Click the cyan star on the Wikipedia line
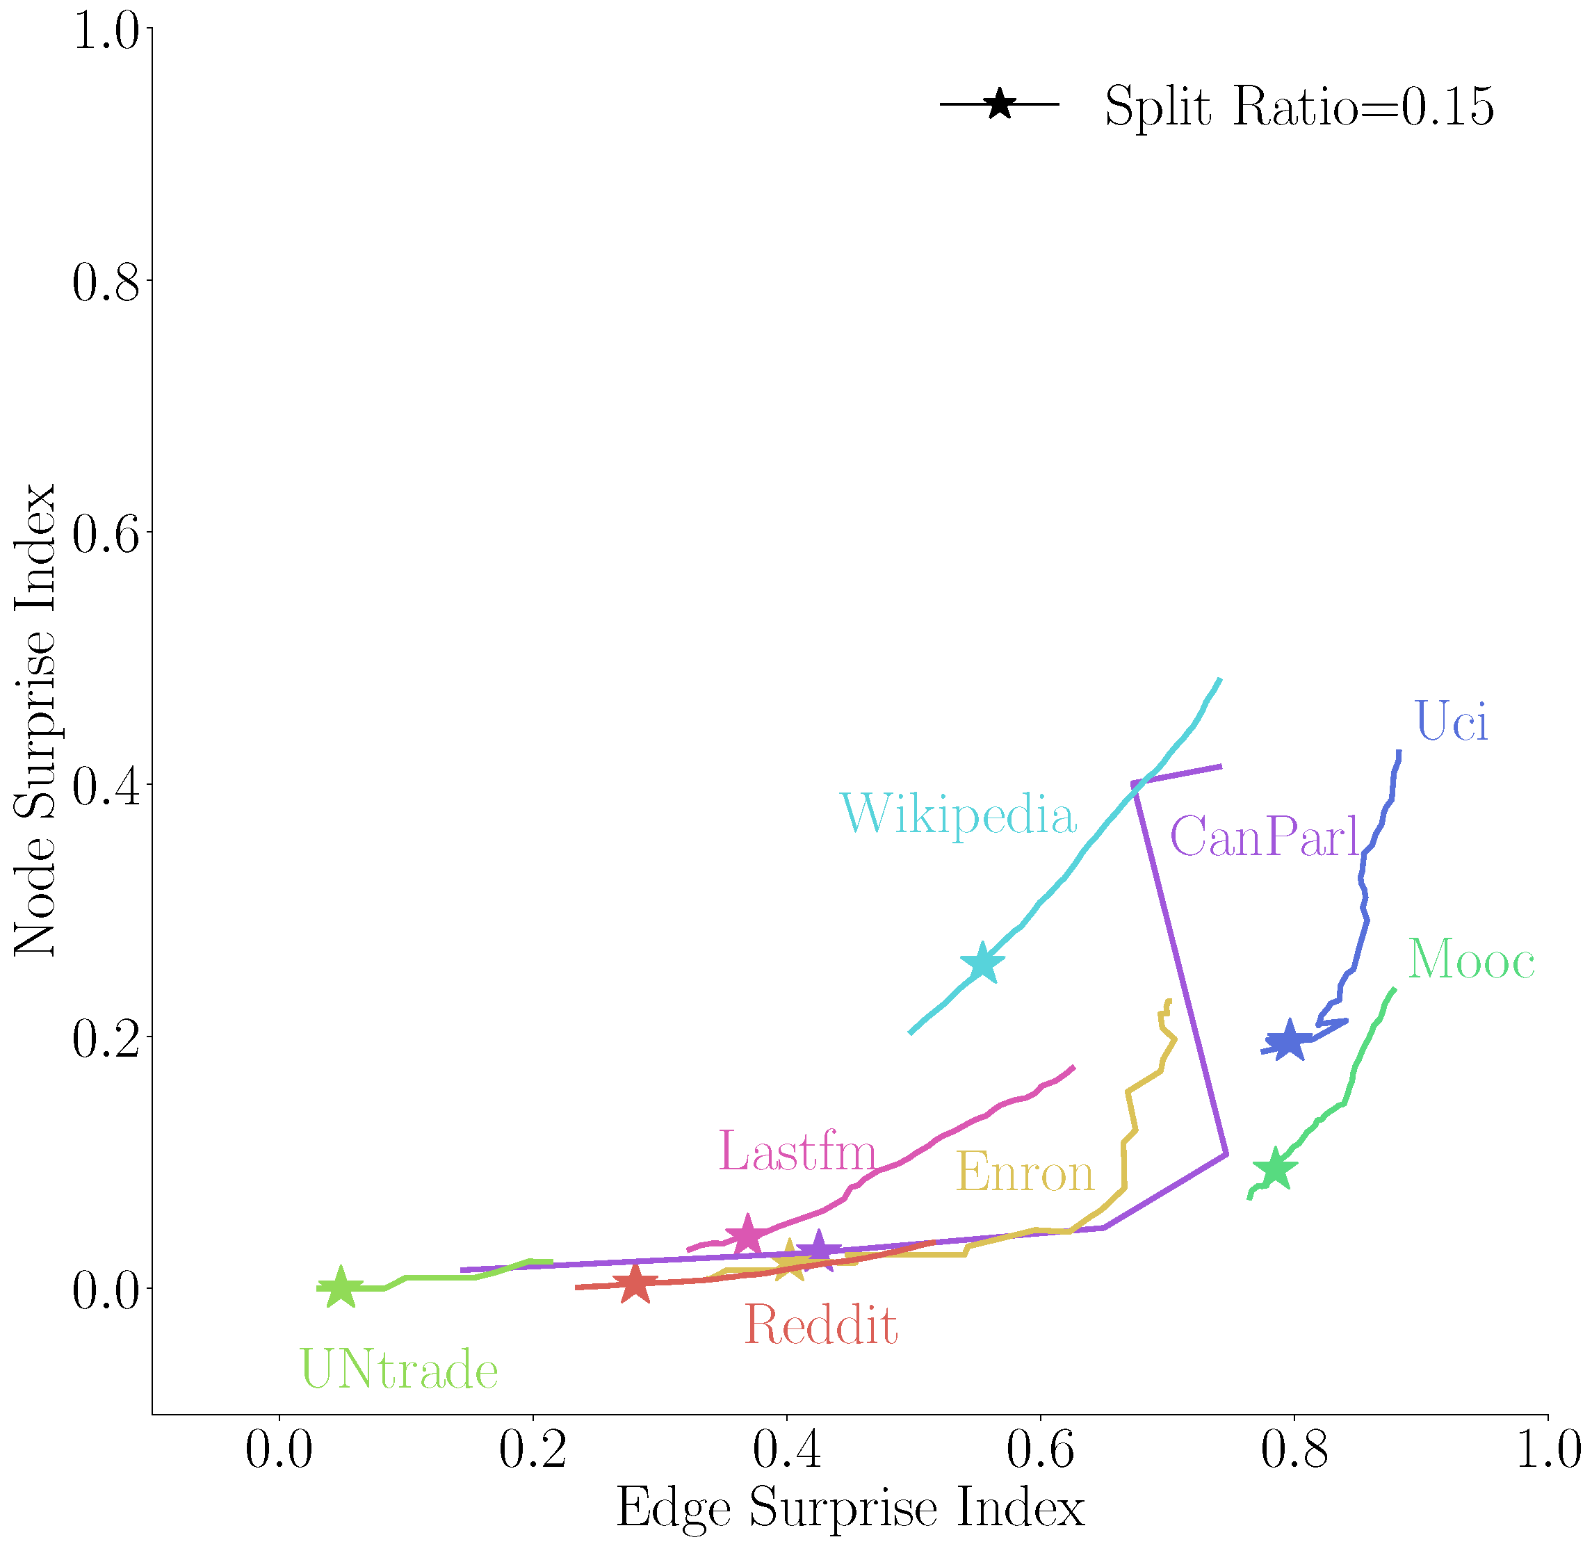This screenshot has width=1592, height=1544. tap(983, 964)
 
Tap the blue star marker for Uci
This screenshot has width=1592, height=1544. tap(1289, 1041)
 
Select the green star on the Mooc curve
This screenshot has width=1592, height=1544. tap(1275, 1169)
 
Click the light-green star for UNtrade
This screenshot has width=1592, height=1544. tap(341, 1287)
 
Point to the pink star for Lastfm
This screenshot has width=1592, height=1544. tap(747, 1235)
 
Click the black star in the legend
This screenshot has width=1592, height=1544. tap(1000, 104)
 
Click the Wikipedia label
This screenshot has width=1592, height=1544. tap(959, 815)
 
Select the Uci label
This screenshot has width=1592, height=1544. tap(1452, 720)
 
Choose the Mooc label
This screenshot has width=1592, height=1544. tap(1471, 960)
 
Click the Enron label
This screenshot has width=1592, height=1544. tap(1025, 1173)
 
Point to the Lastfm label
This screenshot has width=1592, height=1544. tap(797, 1151)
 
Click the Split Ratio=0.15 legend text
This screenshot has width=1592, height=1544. tap(1299, 106)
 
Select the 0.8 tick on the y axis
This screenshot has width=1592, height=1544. tap(107, 281)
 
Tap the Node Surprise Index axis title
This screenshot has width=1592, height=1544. tap(34, 720)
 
